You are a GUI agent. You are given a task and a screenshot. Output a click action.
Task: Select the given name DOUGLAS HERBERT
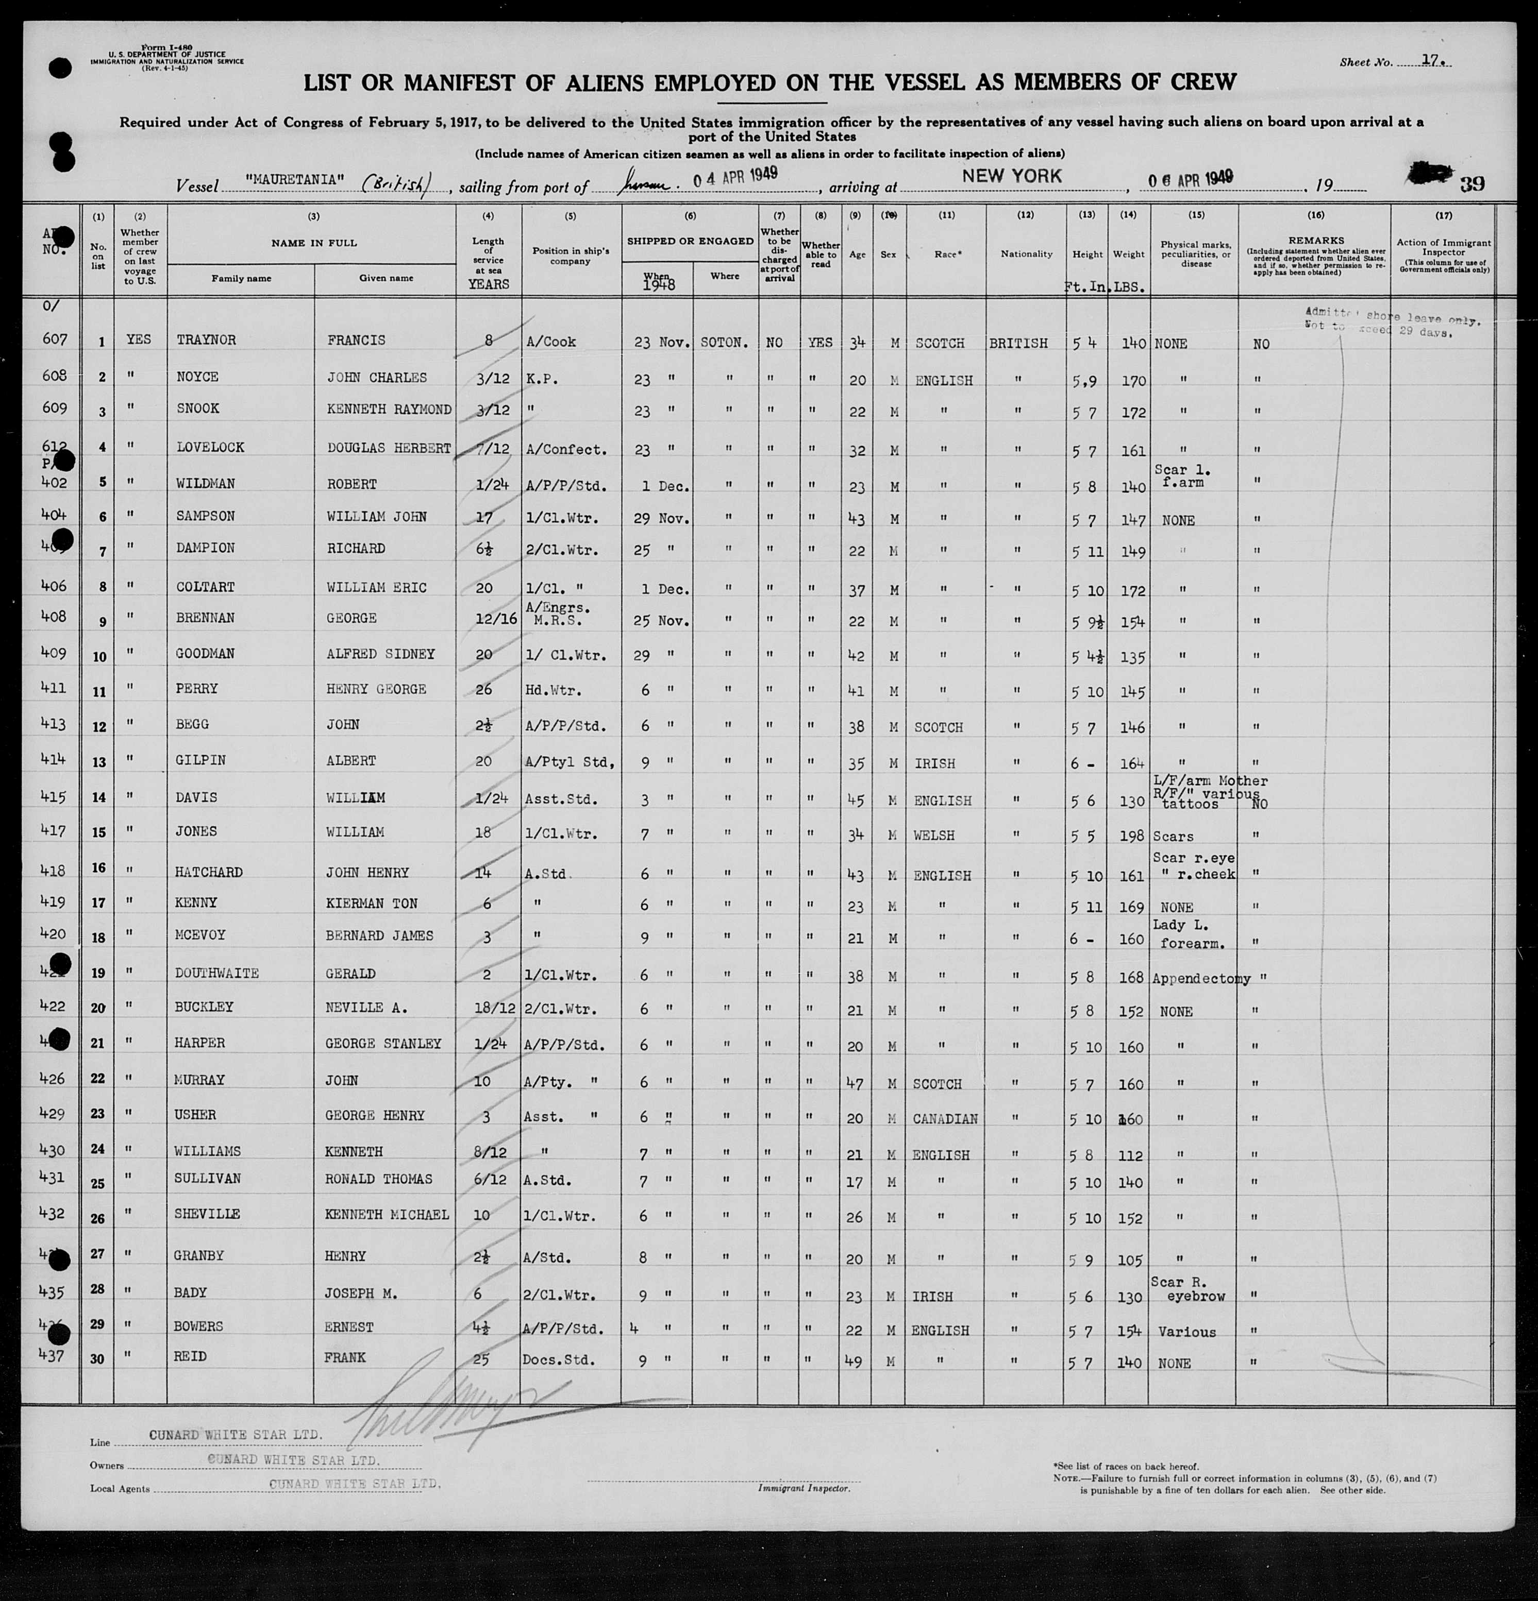[x=388, y=448]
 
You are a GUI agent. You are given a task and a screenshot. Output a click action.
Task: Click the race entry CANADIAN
[x=945, y=1118]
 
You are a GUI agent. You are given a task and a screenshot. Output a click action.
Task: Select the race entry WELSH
[x=934, y=835]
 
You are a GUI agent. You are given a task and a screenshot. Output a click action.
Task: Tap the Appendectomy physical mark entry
[x=1200, y=978]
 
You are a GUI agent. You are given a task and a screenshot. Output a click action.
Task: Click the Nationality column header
[x=1026, y=254]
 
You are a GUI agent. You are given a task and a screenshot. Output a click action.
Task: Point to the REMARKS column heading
[x=1315, y=240]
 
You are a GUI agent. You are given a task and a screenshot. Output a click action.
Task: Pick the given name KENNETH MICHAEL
[x=387, y=1215]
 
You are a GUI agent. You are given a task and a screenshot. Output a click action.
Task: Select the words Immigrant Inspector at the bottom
[x=804, y=1488]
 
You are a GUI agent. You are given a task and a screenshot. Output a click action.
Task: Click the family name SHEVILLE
[x=208, y=1214]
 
